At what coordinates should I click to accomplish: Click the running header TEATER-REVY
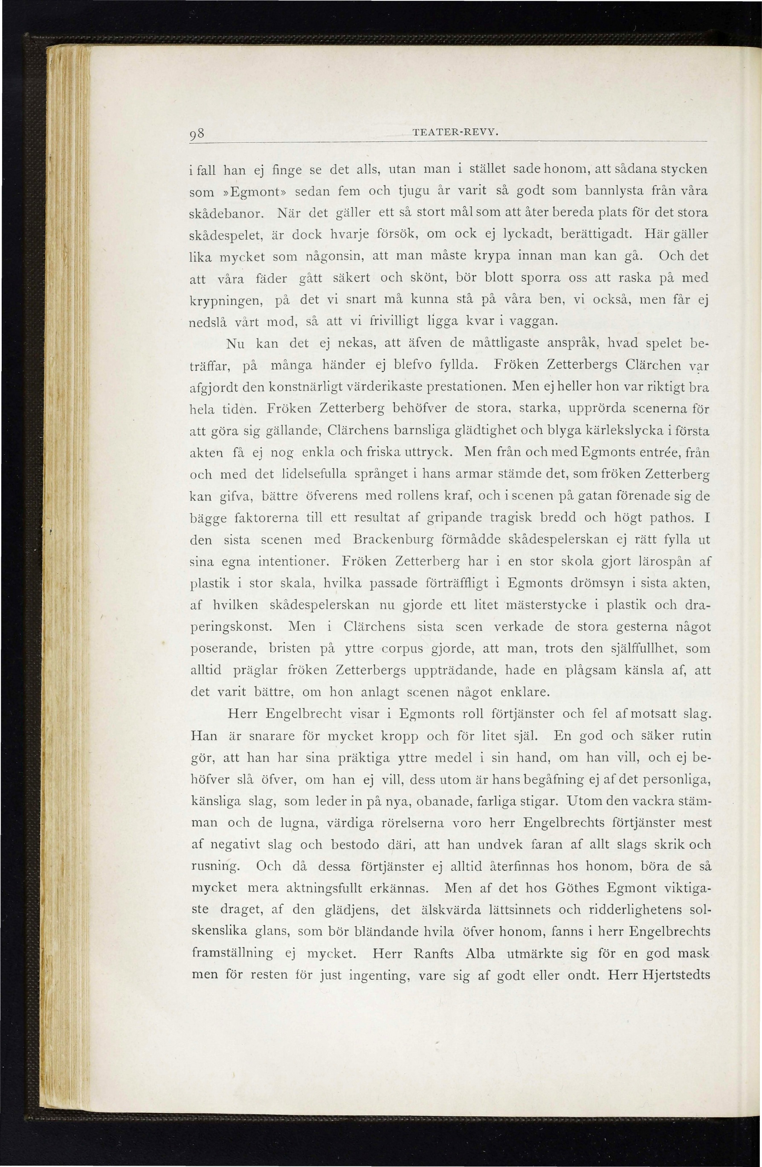[x=449, y=133]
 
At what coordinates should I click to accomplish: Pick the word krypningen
[x=227, y=299]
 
